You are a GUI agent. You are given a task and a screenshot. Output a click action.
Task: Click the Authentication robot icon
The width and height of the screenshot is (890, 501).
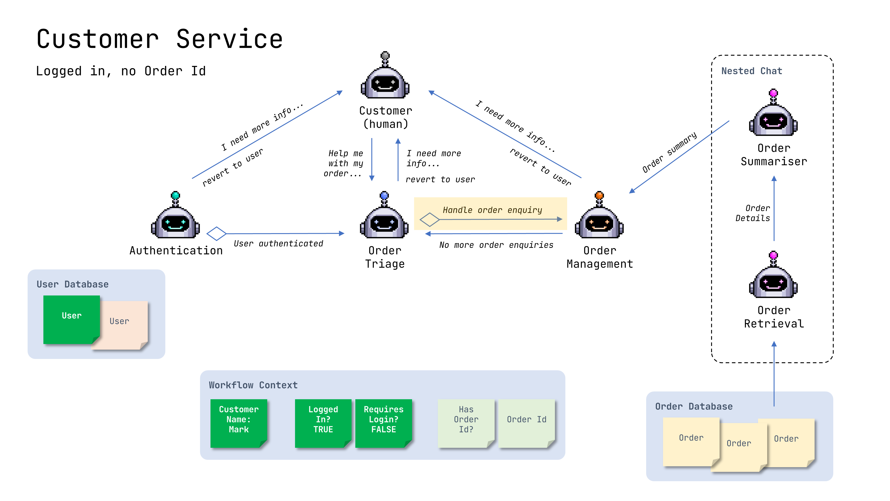(176, 216)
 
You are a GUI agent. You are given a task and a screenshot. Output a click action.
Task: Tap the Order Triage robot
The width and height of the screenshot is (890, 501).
(384, 216)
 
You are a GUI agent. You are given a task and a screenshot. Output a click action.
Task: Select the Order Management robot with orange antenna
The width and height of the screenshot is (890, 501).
(599, 216)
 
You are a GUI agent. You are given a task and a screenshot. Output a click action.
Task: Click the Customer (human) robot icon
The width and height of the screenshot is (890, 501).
(385, 76)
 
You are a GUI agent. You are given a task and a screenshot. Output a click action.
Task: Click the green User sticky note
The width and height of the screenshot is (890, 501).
(71, 319)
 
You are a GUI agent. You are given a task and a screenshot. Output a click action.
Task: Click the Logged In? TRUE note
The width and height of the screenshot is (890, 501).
(323, 423)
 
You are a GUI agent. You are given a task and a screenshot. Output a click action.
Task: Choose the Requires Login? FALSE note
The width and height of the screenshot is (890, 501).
(384, 423)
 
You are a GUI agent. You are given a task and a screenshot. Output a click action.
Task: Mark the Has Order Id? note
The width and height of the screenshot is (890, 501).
(466, 423)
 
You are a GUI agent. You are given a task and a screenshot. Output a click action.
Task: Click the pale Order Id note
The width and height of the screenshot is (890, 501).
(526, 423)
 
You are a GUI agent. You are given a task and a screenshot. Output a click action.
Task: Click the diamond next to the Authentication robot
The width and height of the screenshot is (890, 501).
(216, 234)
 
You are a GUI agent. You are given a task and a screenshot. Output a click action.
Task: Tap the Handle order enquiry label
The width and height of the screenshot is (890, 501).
(492, 210)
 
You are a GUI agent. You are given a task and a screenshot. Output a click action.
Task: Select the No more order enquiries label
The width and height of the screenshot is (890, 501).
(496, 245)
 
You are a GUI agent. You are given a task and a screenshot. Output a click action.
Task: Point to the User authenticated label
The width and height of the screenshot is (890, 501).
(279, 244)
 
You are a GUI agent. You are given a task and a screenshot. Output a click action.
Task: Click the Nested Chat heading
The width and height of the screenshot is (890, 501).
(751, 71)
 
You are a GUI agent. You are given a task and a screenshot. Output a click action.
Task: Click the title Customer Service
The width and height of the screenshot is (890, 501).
(160, 39)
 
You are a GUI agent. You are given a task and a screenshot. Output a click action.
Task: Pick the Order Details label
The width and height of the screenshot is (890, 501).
(753, 213)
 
